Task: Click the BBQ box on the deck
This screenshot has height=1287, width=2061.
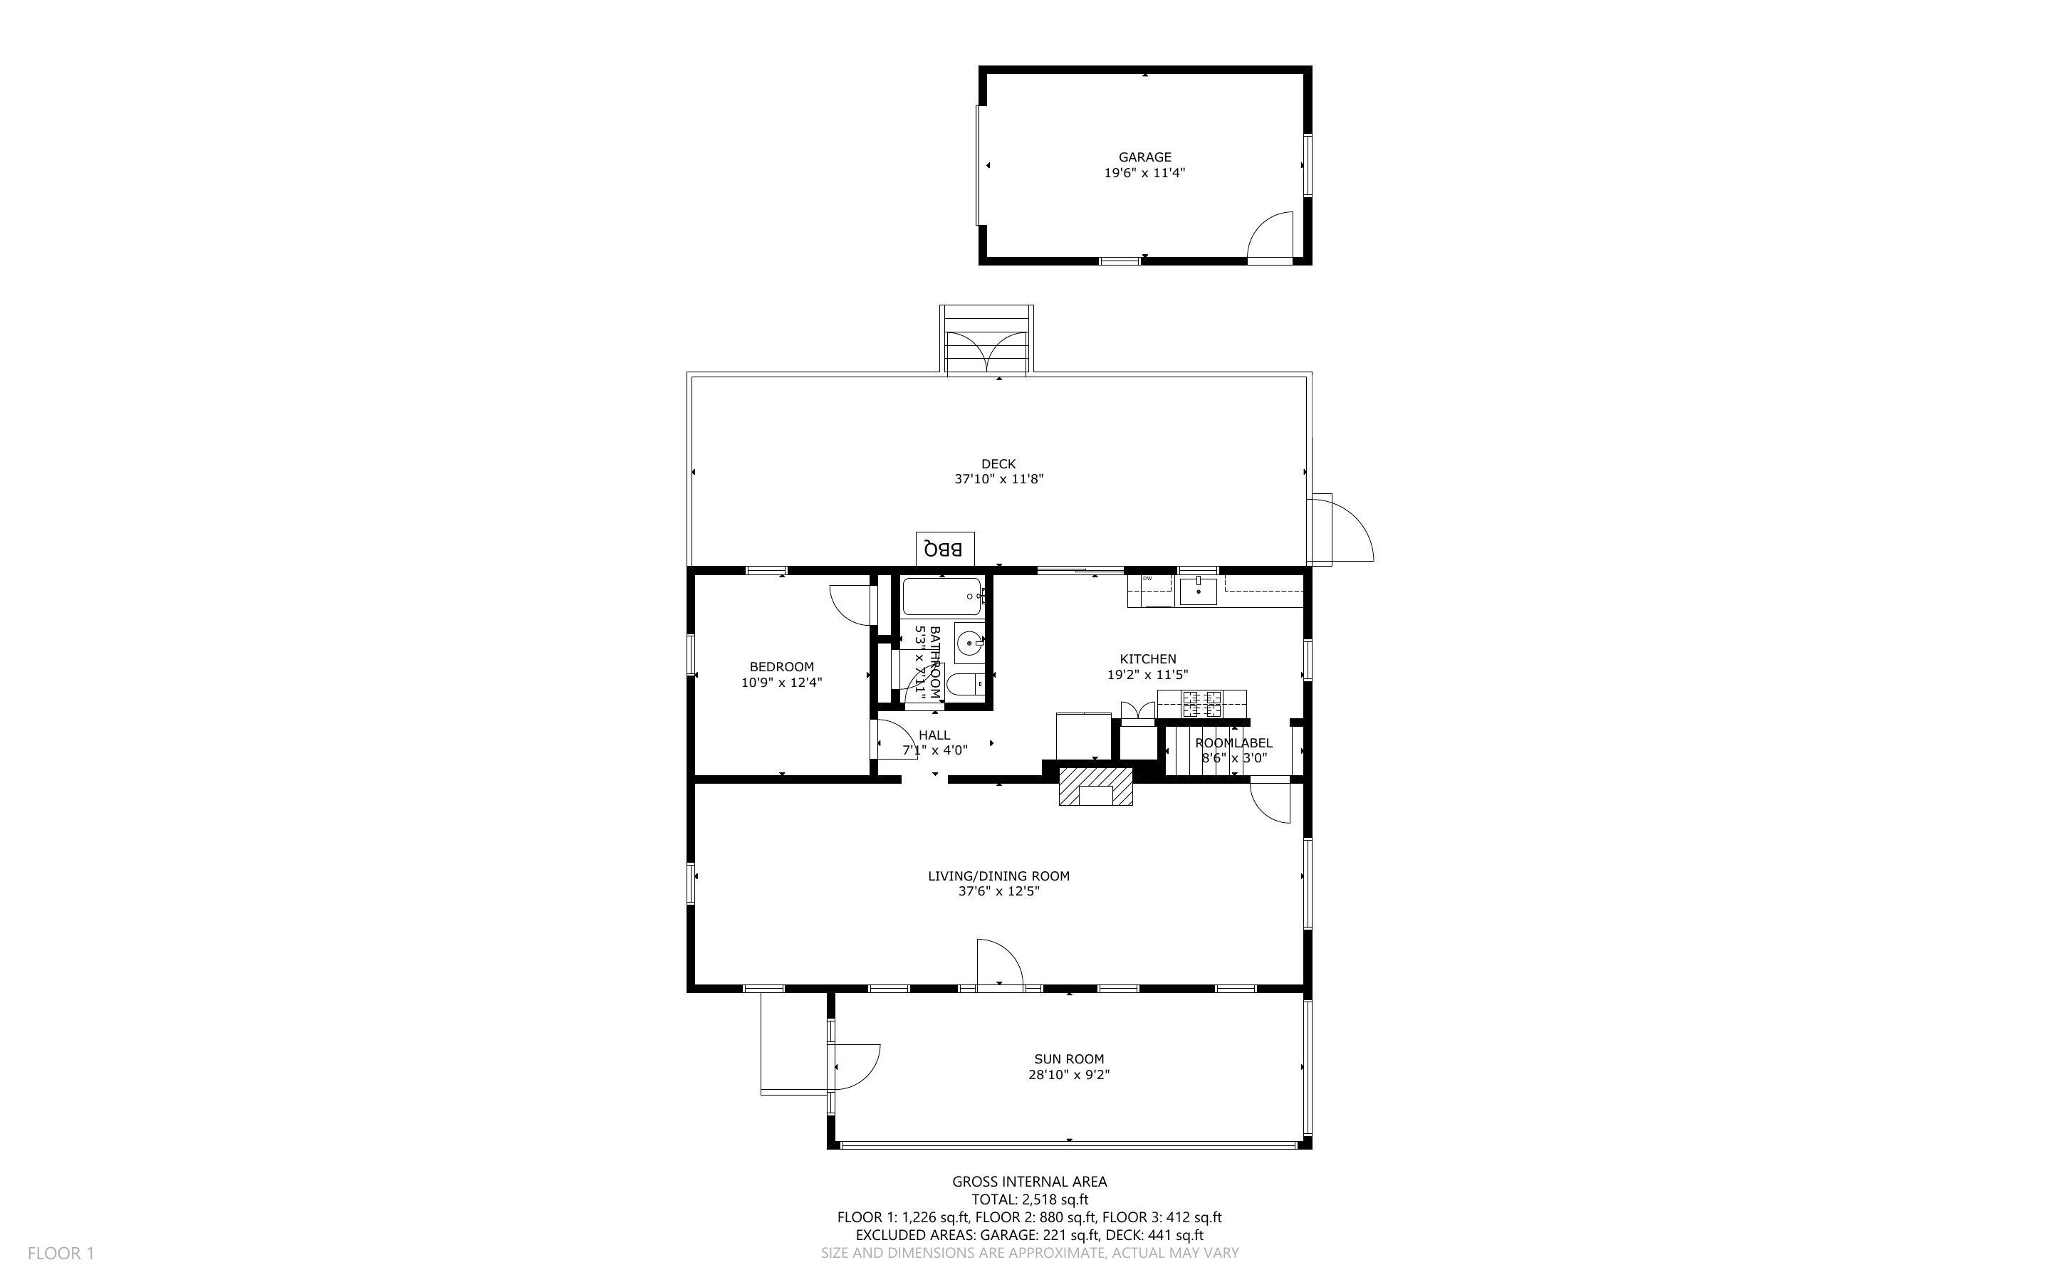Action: click(x=944, y=549)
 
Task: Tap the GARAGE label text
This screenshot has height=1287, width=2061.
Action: click(x=1144, y=157)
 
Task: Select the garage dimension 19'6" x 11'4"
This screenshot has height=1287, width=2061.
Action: click(x=1144, y=173)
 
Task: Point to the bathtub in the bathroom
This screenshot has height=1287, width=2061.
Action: click(x=941, y=597)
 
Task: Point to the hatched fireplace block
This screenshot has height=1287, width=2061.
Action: click(x=1095, y=786)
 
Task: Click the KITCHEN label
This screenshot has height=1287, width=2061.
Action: click(x=1147, y=659)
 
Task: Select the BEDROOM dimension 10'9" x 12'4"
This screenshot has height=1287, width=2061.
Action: click(x=781, y=683)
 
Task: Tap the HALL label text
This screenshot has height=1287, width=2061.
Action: click(x=934, y=735)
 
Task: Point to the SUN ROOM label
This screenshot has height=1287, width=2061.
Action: click(x=1068, y=1059)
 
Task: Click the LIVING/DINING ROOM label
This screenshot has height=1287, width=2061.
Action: click(x=998, y=876)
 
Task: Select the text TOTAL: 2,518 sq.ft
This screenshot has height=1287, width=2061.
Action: click(x=1029, y=1199)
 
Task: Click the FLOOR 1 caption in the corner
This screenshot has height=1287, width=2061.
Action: click(x=61, y=1253)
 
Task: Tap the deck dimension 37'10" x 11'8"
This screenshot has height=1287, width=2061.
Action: click(x=998, y=479)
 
